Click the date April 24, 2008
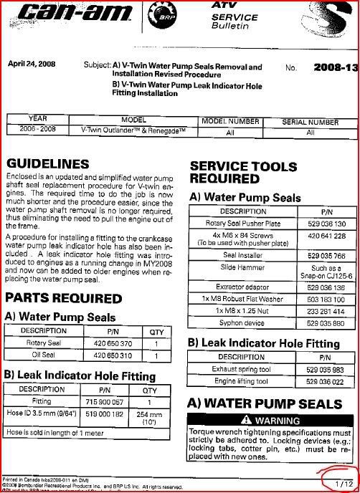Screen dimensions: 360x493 coord(33,63)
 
